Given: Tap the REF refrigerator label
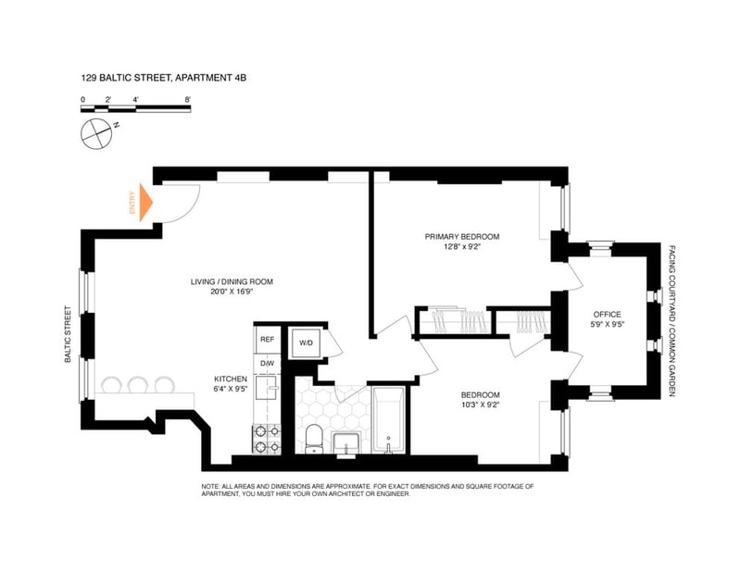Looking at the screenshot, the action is point(267,340).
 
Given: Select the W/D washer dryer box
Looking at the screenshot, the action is point(306,342).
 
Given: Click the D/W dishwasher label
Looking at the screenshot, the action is point(267,364).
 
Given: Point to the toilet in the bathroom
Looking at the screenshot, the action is point(313,439).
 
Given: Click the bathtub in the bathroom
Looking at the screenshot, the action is point(388,420).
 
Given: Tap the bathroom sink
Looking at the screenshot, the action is point(347,445).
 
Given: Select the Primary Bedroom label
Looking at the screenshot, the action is point(461,237).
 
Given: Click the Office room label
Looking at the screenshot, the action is point(608,314).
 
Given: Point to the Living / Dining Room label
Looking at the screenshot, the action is point(232,282).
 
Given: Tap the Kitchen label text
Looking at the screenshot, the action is point(231,379).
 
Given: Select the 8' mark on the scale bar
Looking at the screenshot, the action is point(188,100).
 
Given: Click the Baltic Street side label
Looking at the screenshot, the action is point(68,334).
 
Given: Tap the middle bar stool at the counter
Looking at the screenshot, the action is point(138,384).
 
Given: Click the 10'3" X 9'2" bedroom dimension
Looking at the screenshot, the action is point(480,404).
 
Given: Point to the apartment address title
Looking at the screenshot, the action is point(164,78).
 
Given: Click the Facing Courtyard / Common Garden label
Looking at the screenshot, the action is point(672,321).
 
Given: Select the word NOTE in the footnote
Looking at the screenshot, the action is point(210,486).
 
